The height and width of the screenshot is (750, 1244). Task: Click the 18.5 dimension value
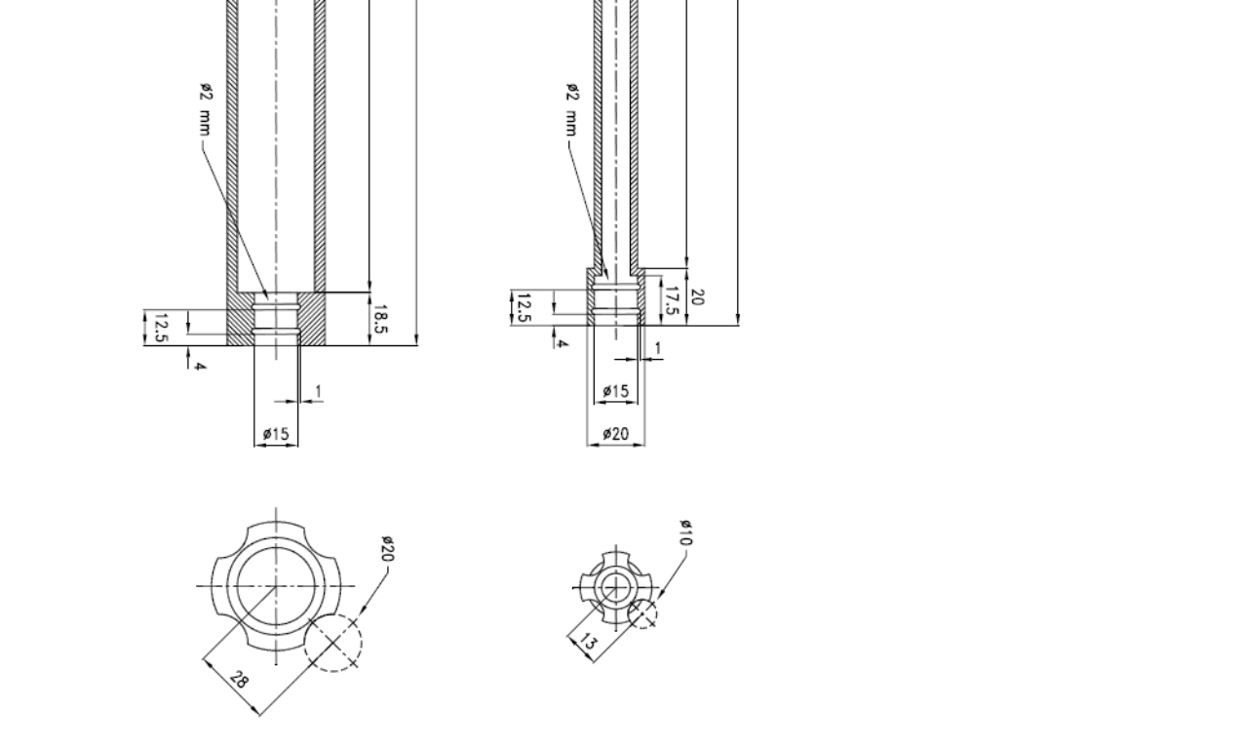coord(380,319)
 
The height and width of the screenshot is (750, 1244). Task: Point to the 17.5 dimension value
coord(672,300)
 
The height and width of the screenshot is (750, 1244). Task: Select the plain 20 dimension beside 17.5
coord(696,296)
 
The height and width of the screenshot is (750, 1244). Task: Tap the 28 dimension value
coord(238,680)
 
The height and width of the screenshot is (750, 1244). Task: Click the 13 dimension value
coord(588,642)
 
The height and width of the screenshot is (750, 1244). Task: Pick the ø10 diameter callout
coord(686,533)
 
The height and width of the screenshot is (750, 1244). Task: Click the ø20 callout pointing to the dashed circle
coord(388,549)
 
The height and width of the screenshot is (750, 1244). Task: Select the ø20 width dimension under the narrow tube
coord(616,433)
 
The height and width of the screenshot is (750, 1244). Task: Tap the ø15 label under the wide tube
coord(276,433)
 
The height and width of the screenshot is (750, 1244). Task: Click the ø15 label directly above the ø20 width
coord(616,391)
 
